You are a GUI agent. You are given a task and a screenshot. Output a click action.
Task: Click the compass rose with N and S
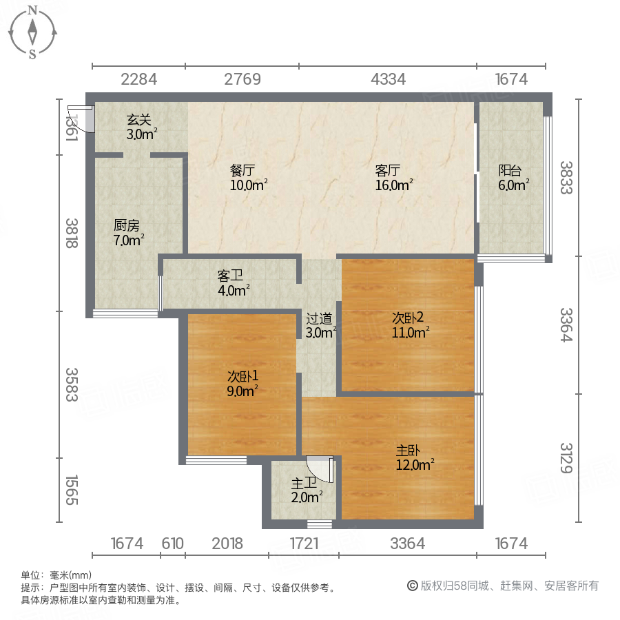coord(32,32)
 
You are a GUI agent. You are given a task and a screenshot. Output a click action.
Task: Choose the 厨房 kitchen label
coord(128,225)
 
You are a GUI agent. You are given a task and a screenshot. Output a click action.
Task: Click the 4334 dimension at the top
coord(388,79)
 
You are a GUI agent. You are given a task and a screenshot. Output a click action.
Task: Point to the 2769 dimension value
coord(242,79)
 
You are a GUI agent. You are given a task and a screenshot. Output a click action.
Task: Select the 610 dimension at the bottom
coord(173,544)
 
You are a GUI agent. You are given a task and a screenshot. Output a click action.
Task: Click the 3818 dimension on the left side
coord(72,233)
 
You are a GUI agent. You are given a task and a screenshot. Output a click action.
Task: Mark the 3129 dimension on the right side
coord(566,457)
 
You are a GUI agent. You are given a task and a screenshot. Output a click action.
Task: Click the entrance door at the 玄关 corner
coord(82,118)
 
